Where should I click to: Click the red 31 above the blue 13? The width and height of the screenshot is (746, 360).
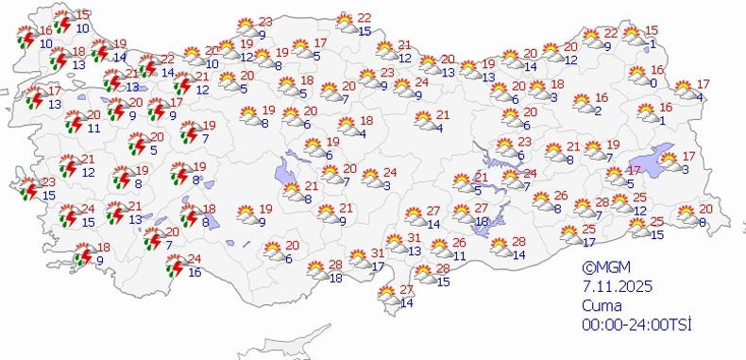click(413, 238)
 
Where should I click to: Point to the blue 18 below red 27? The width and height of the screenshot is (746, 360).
click(481, 221)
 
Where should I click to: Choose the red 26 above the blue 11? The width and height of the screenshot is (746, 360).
click(458, 243)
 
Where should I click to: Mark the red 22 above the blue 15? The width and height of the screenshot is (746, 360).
click(365, 18)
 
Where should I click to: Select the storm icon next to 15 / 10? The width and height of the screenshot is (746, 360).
click(62, 22)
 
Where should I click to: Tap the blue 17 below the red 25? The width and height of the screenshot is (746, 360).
click(591, 243)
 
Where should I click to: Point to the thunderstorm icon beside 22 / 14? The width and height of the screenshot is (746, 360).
click(147, 66)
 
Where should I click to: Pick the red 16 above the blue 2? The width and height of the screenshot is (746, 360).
click(602, 97)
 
